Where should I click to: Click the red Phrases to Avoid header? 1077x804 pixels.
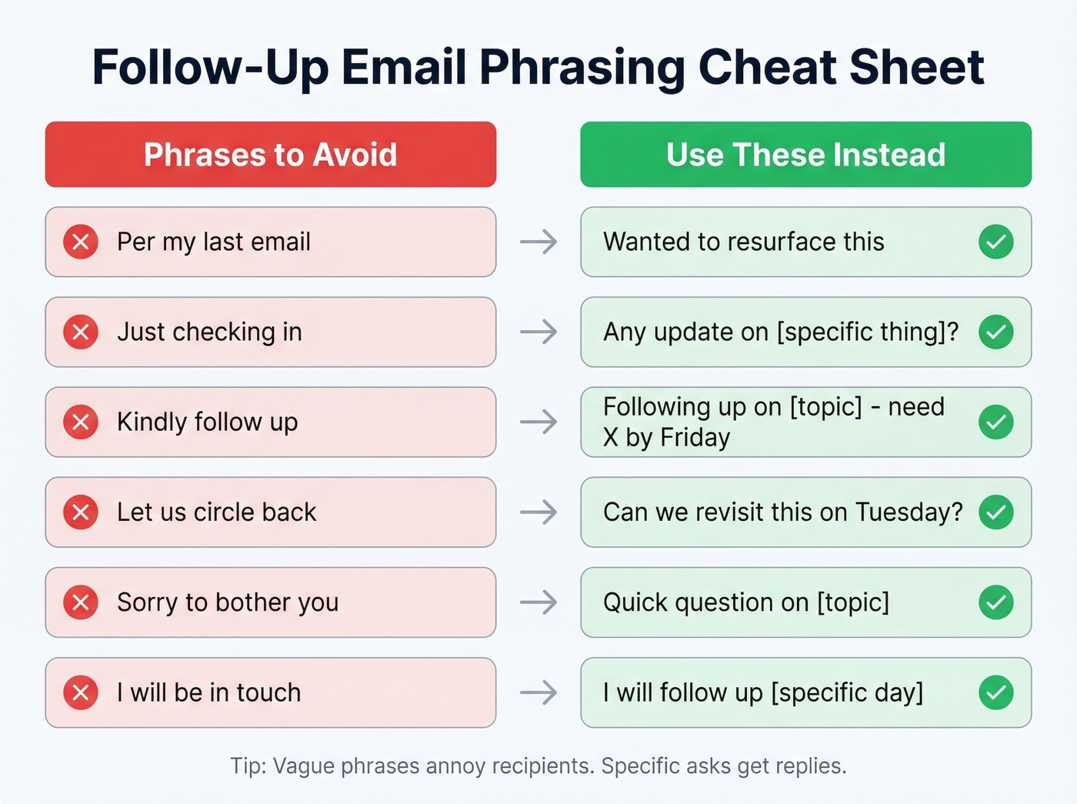click(x=270, y=155)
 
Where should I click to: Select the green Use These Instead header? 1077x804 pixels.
click(x=805, y=155)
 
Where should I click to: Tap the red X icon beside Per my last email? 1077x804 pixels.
click(x=81, y=242)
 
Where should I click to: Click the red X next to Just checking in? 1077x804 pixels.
click(x=81, y=332)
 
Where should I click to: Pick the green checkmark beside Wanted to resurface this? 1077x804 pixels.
click(x=995, y=242)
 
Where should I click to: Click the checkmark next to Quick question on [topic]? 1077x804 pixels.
click(x=995, y=602)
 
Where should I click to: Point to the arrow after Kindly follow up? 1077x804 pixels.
click(x=538, y=422)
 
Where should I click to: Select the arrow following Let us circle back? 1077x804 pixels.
click(x=538, y=512)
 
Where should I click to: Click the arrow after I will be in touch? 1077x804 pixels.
click(x=538, y=692)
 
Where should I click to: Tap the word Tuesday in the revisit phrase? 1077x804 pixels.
click(x=908, y=512)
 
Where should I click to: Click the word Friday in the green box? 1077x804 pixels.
click(x=695, y=438)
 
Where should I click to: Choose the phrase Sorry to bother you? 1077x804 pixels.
click(x=228, y=602)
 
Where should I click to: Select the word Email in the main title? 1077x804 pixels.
click(x=403, y=67)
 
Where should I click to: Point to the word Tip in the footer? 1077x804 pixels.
click(x=247, y=766)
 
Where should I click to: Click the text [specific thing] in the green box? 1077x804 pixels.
click(x=868, y=332)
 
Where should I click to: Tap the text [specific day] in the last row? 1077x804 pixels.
click(x=846, y=693)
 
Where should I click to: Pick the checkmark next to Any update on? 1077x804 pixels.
click(x=995, y=332)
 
